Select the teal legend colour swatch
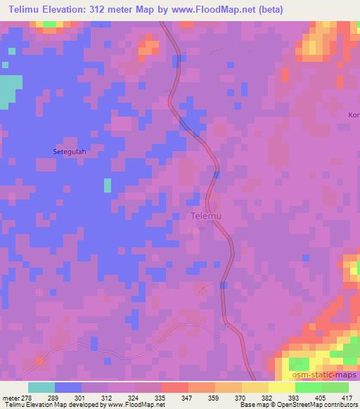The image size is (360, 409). (x=41, y=387)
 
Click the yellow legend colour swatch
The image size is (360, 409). (x=281, y=387)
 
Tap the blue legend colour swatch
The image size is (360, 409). (x=68, y=387)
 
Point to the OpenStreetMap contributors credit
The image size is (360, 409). (x=320, y=405)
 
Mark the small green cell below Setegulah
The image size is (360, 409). (x=108, y=185)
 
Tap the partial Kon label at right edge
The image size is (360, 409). (x=354, y=115)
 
